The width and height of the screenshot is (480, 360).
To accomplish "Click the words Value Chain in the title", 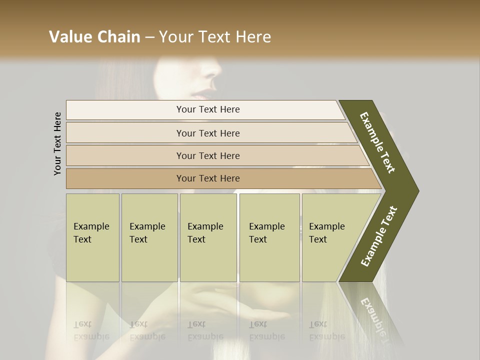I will pyautogui.click(x=94, y=37).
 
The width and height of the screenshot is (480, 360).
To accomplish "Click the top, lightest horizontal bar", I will pyautogui.click(x=207, y=109).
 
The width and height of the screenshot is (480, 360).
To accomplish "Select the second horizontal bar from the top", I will pyautogui.click(x=207, y=133).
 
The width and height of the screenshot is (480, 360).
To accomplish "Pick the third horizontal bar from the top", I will pyautogui.click(x=207, y=155).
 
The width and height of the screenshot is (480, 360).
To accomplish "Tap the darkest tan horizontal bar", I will pyautogui.click(x=207, y=178).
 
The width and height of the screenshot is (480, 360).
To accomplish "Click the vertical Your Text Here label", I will pyautogui.click(x=57, y=143).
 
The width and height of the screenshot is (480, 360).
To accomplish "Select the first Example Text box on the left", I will pyautogui.click(x=92, y=237).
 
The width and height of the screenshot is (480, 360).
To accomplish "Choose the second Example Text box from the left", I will pyautogui.click(x=149, y=237).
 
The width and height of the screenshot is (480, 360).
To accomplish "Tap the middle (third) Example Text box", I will pyautogui.click(x=207, y=237).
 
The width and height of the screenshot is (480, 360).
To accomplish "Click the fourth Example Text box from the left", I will pyautogui.click(x=269, y=237).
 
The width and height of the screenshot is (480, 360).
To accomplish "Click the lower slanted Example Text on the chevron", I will pyautogui.click(x=379, y=236).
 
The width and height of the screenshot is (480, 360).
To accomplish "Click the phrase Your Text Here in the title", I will pyautogui.click(x=215, y=37).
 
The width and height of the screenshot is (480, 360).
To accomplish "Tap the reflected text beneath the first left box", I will pyautogui.click(x=91, y=330).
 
